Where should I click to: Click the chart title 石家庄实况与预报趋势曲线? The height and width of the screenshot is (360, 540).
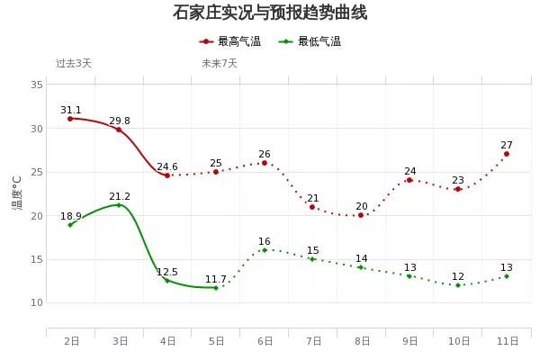point(270,13)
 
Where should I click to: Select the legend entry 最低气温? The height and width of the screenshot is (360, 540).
point(310,41)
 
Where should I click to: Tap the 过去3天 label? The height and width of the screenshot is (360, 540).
point(74,63)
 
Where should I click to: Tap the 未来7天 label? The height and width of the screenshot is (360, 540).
point(220,63)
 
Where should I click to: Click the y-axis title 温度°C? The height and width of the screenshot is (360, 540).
point(17,193)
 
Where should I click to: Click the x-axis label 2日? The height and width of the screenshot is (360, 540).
point(71,341)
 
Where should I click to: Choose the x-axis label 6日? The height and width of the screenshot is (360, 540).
point(265,341)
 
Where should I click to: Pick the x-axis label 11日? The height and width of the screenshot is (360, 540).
point(507,341)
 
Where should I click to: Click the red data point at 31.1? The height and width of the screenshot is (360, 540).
point(70,119)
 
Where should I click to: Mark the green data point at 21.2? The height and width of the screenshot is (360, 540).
point(119,205)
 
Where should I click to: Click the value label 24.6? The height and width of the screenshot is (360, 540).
point(167,166)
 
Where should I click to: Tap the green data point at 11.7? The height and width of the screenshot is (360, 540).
point(216,288)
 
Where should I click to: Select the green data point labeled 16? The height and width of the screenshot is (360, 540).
point(265,250)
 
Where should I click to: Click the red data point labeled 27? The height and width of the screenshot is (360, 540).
point(507,154)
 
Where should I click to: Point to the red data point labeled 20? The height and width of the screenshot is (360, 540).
point(361,215)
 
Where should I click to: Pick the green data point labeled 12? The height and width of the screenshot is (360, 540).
point(458,285)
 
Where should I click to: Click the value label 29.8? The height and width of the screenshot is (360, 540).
point(120,121)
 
